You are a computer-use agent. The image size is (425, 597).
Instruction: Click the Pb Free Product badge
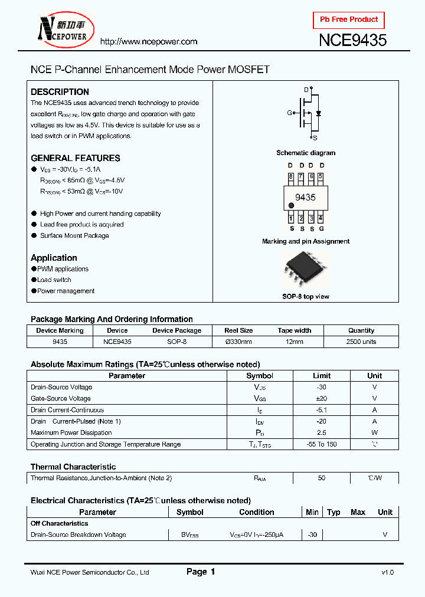point(349,19)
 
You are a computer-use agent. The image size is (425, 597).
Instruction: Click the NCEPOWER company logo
point(62,29)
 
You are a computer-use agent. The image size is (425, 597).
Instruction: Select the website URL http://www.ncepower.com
point(148,42)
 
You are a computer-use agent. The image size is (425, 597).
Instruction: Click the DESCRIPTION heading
point(60,92)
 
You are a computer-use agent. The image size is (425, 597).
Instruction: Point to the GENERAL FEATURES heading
point(75,158)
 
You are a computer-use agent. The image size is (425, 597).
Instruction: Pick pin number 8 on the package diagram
point(290,176)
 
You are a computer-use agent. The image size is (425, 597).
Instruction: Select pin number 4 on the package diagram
point(321,218)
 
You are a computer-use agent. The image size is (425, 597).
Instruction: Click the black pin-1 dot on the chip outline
point(291,205)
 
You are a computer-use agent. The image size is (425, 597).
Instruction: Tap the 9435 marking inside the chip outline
point(305,198)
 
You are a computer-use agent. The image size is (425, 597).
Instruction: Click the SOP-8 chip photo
point(305,269)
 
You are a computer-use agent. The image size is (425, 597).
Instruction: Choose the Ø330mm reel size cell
point(238,342)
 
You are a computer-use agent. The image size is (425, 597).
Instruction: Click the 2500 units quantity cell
point(361,342)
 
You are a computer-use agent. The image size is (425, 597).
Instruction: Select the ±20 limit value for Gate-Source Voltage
point(322,399)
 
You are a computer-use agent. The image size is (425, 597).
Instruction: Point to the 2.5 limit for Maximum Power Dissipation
point(322,433)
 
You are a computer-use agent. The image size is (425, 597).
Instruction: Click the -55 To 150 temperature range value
point(322,444)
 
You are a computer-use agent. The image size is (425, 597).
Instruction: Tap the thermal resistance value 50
point(322,478)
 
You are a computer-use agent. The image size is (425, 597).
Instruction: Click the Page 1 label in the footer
point(201,572)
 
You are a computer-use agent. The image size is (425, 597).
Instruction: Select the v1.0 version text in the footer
point(387,572)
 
